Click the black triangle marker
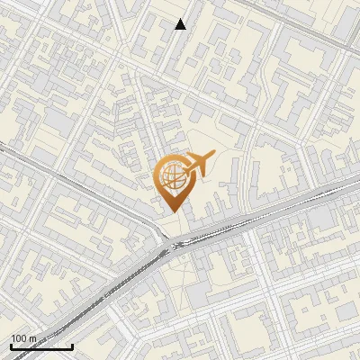181,24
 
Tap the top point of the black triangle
181,19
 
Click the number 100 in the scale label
19,338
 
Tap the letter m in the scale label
33,338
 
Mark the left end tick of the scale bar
11,346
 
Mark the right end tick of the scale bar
72,346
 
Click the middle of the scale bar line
41,347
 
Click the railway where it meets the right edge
357,183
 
